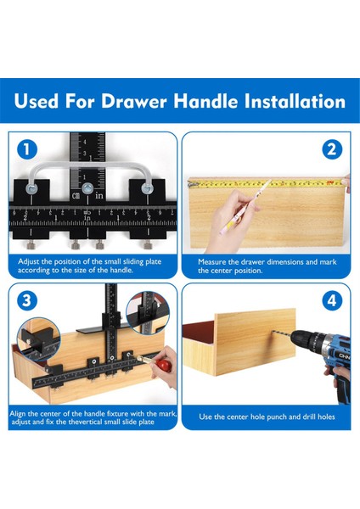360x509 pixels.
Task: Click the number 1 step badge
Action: click(x=26, y=149)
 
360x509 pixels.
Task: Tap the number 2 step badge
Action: click(x=332, y=149)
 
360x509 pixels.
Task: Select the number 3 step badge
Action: click(x=26, y=300)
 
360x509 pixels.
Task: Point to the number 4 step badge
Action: click(x=332, y=301)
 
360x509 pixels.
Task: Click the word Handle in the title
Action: click(x=205, y=101)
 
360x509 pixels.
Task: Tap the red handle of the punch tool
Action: click(x=164, y=365)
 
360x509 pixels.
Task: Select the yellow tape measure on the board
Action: click(x=266, y=184)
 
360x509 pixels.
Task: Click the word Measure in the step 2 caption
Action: click(x=213, y=262)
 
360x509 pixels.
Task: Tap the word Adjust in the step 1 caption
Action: click(x=29, y=261)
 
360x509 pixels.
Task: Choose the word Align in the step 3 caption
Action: click(x=18, y=414)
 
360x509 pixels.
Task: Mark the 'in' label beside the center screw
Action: click(x=99, y=195)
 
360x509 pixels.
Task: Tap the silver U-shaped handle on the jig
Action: click(x=89, y=166)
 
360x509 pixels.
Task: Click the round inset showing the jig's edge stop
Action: click(x=38, y=339)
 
